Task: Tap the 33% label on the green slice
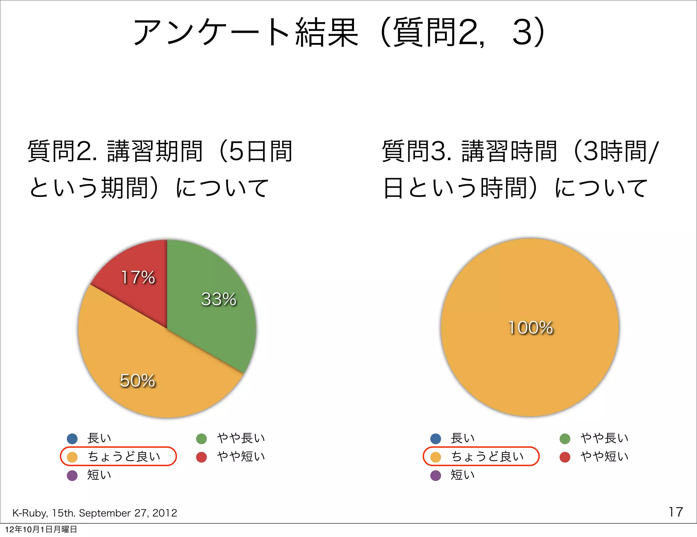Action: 218,299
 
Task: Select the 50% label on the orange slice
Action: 137,380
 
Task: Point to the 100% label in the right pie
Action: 530,327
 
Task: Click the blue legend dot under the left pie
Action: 72,438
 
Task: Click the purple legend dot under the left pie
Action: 72,475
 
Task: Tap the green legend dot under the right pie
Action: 565,439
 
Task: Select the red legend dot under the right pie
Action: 565,457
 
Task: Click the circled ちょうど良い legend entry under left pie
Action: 118,456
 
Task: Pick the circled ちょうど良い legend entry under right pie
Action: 481,456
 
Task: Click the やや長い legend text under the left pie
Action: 241,438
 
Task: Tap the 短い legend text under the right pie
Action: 462,475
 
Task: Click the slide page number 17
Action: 675,512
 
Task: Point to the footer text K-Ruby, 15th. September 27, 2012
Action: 95,513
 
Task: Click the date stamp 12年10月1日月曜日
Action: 41,529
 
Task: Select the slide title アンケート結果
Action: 245,32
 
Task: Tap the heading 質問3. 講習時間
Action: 470,151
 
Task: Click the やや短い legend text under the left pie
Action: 241,457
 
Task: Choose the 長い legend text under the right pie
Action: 462,438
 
